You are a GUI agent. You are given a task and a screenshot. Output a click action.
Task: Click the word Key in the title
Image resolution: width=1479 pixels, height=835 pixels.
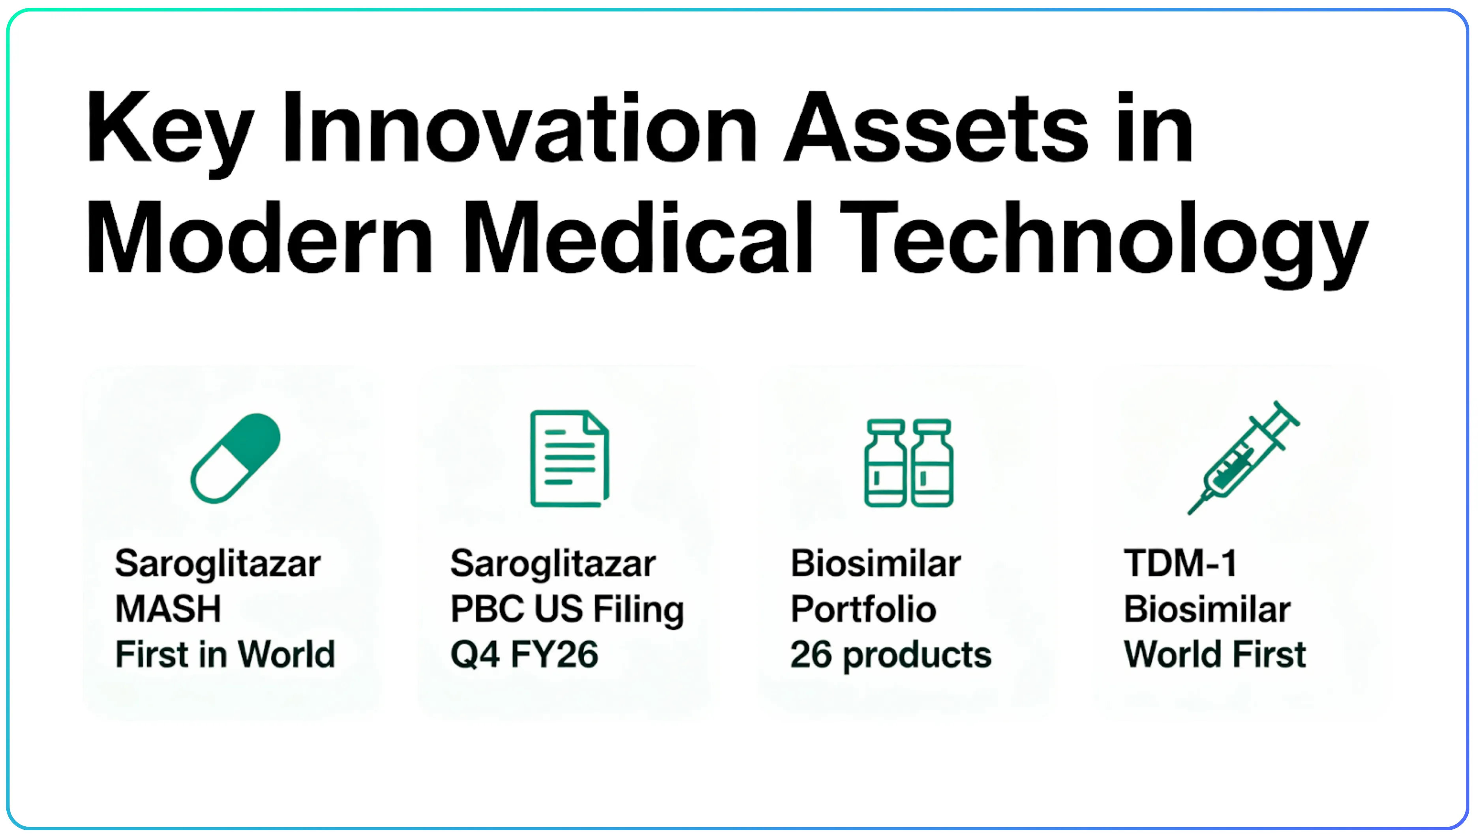coord(169,129)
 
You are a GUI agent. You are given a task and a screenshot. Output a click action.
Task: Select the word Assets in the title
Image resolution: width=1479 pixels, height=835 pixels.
coord(936,127)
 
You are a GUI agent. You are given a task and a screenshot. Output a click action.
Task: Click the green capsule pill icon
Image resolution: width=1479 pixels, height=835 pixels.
coord(235,458)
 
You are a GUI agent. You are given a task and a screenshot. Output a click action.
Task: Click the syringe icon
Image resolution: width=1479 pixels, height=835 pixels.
coord(1243,458)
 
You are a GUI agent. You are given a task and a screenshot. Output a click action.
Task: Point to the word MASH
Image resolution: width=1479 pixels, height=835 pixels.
coord(168,609)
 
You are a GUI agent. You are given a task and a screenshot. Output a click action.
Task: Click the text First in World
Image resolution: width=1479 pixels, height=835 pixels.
coord(225,654)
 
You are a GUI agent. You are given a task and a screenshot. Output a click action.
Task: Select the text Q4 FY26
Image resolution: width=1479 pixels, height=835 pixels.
coord(524,654)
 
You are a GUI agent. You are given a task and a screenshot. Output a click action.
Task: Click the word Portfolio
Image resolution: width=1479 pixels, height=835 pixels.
coord(863,609)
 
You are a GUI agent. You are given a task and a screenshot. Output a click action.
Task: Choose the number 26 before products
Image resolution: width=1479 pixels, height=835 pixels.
coord(810,654)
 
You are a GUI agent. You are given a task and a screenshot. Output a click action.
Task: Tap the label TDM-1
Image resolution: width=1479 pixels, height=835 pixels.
coord(1180,564)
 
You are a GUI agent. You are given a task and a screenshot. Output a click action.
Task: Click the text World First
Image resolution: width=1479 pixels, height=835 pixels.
coord(1214,654)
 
